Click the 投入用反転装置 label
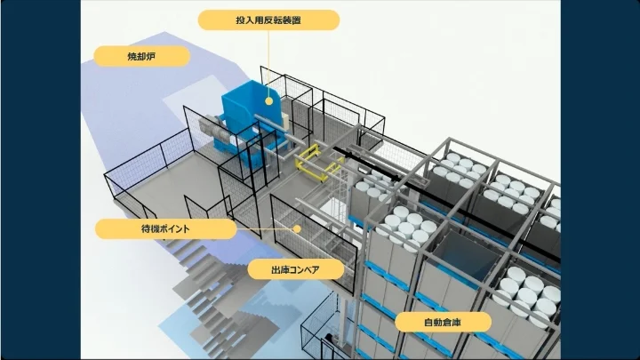[x=268, y=20]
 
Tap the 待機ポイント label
[x=166, y=229]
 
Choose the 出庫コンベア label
[x=295, y=268]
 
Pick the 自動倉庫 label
[x=444, y=322]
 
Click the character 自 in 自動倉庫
[x=427, y=322]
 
